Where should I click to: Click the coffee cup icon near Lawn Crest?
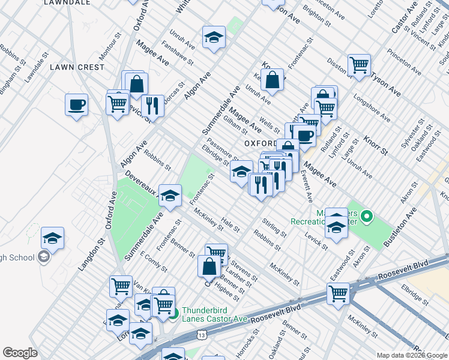(77, 105)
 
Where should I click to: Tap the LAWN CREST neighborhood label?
(77, 67)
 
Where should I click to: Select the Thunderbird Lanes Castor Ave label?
(215, 314)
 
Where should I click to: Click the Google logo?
(20, 353)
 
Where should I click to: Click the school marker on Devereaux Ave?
(170, 195)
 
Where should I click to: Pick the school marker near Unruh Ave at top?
(214, 37)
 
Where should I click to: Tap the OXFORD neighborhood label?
(259, 144)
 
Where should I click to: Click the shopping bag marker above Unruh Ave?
(272, 79)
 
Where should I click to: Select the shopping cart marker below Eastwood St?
(338, 294)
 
